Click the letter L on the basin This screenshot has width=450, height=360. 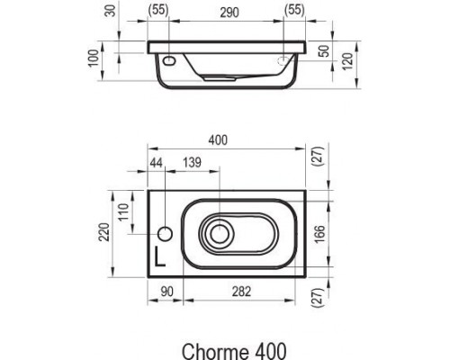(x=159, y=255)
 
